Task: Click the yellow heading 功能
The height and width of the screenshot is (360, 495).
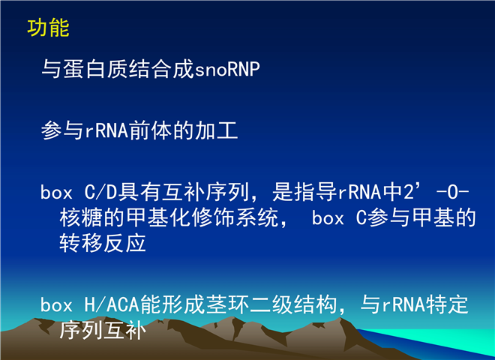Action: pos(48,28)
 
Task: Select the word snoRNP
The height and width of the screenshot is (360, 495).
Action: pos(227,69)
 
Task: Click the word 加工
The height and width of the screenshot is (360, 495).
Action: pos(217,130)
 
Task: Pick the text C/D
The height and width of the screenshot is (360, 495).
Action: pos(100,192)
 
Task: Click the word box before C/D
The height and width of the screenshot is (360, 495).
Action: pos(56,192)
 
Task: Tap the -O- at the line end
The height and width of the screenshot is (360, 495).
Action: pos(452,192)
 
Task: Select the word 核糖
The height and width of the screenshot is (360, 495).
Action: pos(81,217)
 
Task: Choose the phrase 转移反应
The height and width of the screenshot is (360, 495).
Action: pos(103,243)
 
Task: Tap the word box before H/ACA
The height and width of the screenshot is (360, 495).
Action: pos(56,304)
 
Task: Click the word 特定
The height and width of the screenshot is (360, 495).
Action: pos(447,304)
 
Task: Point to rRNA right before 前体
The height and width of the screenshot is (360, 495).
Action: pos(106,130)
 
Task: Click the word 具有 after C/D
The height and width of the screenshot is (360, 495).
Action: pos(139,192)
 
